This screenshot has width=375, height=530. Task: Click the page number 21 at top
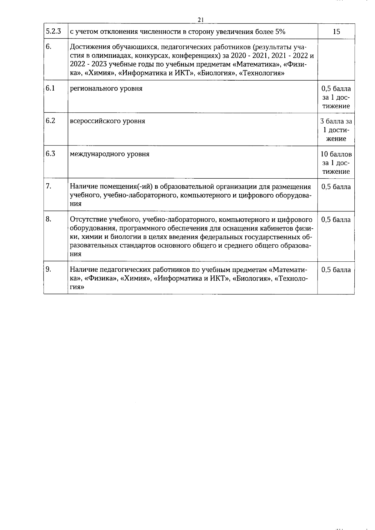tap(201, 20)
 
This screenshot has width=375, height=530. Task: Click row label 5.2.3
tap(53, 31)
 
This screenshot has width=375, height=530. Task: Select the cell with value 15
tap(336, 32)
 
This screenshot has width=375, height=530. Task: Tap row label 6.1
tap(50, 88)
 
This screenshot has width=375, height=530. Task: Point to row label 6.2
tap(50, 121)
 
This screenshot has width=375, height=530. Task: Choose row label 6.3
tap(50, 154)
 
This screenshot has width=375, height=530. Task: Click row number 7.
tap(48, 186)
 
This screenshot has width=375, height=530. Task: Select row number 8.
tap(48, 219)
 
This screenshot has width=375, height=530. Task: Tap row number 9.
tap(48, 270)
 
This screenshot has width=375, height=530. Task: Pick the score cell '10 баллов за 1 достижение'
tap(336, 163)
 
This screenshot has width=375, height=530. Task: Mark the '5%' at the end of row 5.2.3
tap(280, 32)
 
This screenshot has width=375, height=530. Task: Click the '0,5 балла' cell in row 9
tap(336, 270)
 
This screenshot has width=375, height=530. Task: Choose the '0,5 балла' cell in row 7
tap(336, 187)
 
